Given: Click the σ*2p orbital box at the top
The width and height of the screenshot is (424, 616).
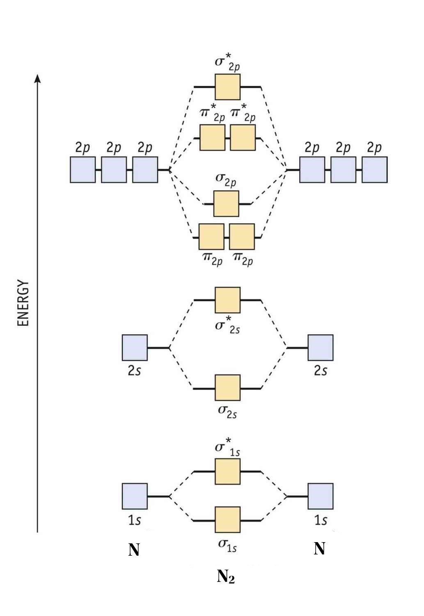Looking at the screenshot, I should pyautogui.click(x=227, y=87).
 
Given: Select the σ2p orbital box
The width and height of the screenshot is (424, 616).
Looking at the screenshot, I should pyautogui.click(x=226, y=204).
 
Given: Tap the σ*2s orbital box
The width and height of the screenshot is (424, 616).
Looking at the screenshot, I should pyautogui.click(x=227, y=300).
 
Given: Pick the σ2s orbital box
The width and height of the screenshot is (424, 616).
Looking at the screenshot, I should pyautogui.click(x=227, y=388).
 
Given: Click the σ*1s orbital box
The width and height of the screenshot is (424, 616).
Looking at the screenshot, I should pyautogui.click(x=227, y=472).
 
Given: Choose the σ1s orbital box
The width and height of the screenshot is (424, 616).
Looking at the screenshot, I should pyautogui.click(x=227, y=520).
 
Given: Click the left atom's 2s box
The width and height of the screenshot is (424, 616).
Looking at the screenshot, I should pyautogui.click(x=135, y=348).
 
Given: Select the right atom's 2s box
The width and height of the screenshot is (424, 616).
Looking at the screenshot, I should pyautogui.click(x=321, y=348).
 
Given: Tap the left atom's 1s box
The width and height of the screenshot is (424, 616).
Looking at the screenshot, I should pyautogui.click(x=135, y=496).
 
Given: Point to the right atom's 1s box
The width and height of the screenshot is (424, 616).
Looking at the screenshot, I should pyautogui.click(x=321, y=496).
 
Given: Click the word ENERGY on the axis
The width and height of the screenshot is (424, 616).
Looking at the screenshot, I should pyautogui.click(x=24, y=303).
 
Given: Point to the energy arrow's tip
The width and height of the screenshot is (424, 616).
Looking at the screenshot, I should pyautogui.click(x=37, y=77).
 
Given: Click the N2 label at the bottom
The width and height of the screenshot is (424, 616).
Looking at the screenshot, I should pyautogui.click(x=226, y=577).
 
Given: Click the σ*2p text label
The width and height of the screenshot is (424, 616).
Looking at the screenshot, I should pyautogui.click(x=227, y=63).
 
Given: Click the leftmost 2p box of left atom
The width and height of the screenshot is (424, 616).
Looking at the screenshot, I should pyautogui.click(x=83, y=169).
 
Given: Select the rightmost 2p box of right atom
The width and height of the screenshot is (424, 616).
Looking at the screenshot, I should pyautogui.click(x=374, y=169).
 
